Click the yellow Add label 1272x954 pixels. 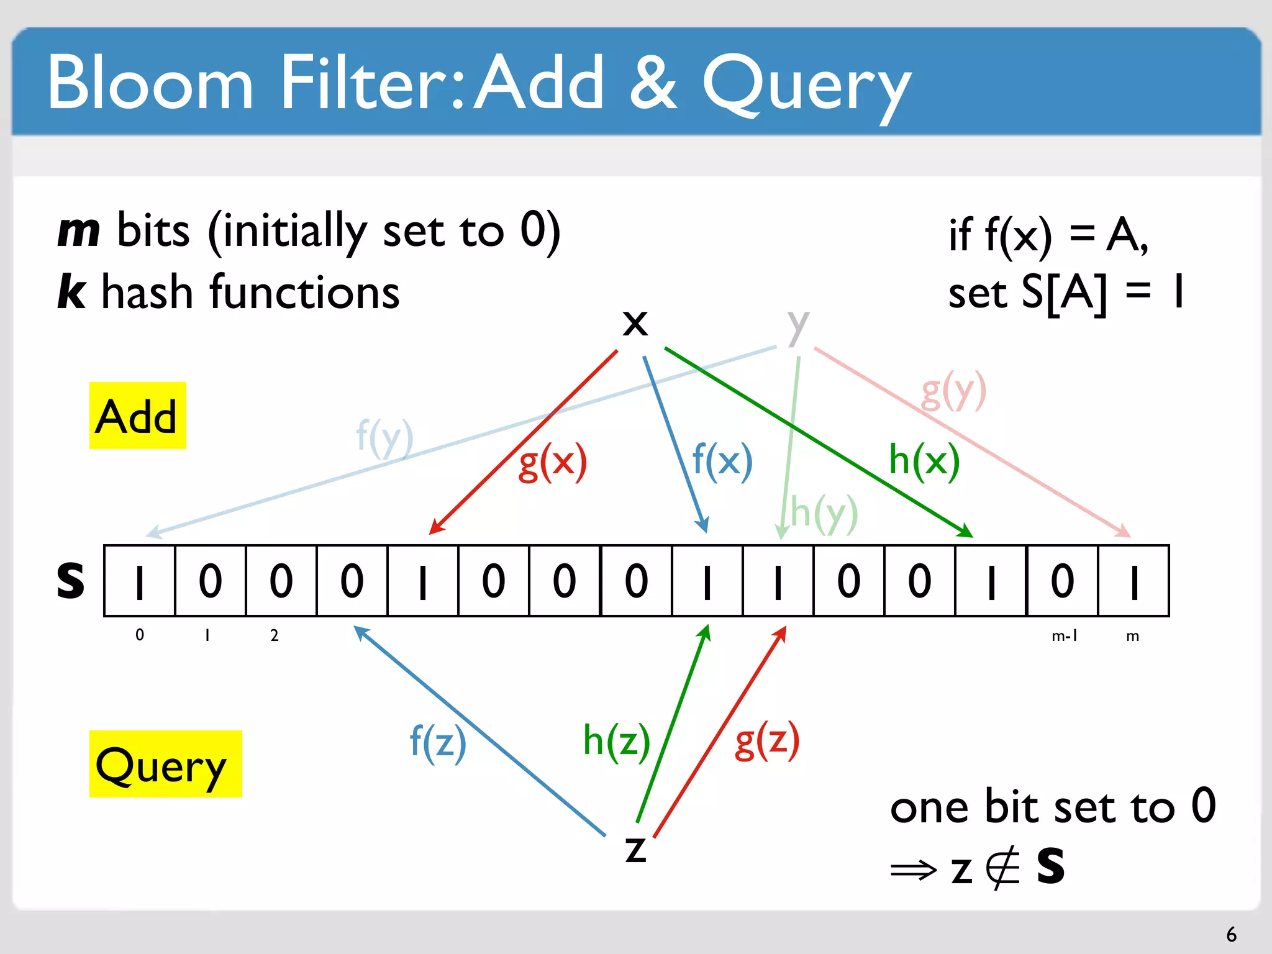pyautogui.click(x=137, y=416)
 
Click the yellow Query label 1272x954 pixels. pyautogui.click(x=165, y=764)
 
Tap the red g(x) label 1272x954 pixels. pyautogui.click(x=552, y=462)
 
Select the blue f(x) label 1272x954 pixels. pyautogui.click(x=722, y=461)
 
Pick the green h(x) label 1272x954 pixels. pyautogui.click(x=924, y=461)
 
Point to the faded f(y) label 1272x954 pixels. pyautogui.click(x=384, y=437)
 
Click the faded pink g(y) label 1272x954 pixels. pyautogui.click(x=953, y=391)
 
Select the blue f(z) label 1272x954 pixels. pyautogui.click(x=437, y=742)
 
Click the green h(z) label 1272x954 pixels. pyautogui.click(x=616, y=741)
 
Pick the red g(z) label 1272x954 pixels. pyautogui.click(x=766, y=740)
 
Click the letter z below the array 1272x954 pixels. pyautogui.click(x=635, y=849)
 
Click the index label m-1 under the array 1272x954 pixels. pyautogui.click(x=1064, y=636)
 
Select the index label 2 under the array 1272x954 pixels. pyautogui.click(x=274, y=635)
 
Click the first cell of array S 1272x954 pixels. pyautogui.click(x=140, y=581)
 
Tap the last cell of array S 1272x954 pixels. pyautogui.click(x=1133, y=581)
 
